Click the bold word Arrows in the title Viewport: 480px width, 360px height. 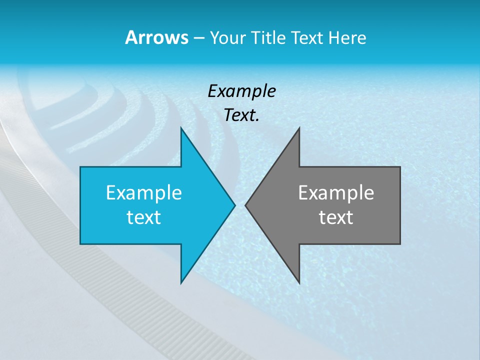pos(156,37)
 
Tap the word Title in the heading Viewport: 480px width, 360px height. pos(268,38)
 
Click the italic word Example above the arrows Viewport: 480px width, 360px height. pos(241,91)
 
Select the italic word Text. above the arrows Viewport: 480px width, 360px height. pos(241,115)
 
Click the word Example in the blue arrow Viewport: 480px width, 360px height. pos(144,192)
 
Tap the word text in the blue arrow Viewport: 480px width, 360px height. pos(144,217)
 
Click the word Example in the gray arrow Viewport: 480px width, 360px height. pos(336,192)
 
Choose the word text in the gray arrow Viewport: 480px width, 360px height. pos(336,217)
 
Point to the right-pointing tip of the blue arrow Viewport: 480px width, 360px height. pos(234,205)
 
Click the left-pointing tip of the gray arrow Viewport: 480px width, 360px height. pos(245,205)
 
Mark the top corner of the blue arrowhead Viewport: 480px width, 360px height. pos(181,128)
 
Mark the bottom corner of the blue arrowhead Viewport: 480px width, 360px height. pos(181,283)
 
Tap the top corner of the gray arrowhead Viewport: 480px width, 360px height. pos(299,128)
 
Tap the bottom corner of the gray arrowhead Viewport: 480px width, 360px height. pos(299,283)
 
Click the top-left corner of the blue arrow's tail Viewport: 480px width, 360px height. pos(80,167)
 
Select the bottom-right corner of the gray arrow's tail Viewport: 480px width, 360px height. pos(400,244)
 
